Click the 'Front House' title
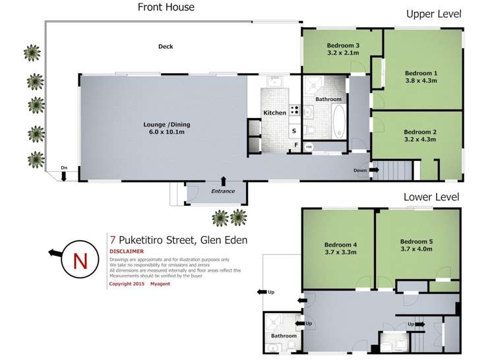click(x=166, y=7)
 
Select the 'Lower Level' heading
click(x=432, y=196)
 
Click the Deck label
click(x=166, y=46)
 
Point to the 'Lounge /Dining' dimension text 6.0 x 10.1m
click(x=164, y=133)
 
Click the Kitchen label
click(x=275, y=113)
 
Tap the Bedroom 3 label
click(x=342, y=45)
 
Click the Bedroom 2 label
click(x=421, y=131)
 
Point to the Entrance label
click(x=223, y=191)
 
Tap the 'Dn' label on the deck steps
click(x=63, y=167)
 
